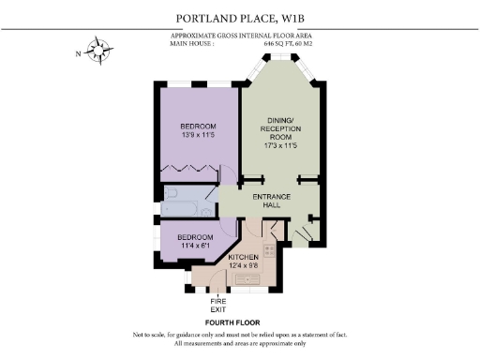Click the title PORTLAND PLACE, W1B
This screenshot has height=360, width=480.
[x=240, y=18]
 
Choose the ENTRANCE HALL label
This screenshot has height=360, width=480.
[x=274, y=201]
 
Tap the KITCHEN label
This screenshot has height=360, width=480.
[x=244, y=256]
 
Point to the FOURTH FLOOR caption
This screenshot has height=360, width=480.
[x=239, y=322]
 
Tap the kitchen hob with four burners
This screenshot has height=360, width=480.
[x=267, y=249]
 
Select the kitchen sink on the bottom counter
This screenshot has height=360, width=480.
[x=250, y=279]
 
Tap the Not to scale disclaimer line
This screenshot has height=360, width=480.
[x=240, y=335]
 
